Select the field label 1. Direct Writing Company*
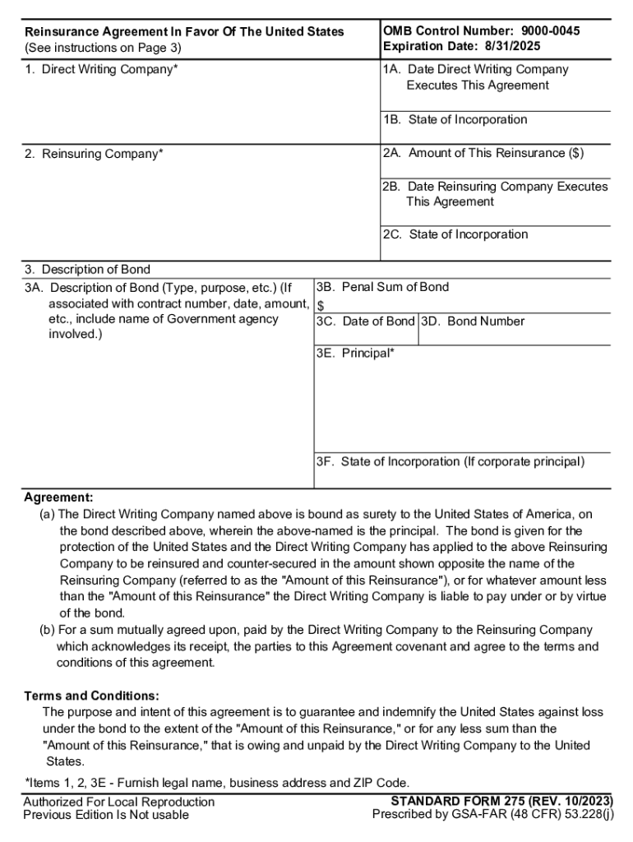pos(101,69)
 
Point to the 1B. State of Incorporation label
pos(455,120)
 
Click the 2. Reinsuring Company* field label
pos(94,154)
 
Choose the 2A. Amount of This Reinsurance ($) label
pos(483,153)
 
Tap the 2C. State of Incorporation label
pos(455,234)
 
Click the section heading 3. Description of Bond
pos(87,270)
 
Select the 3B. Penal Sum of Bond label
pos(382,287)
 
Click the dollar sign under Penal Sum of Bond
pos(321,305)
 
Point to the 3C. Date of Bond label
pos(366,322)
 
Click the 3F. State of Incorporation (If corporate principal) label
pos(450,462)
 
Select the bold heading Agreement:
pos(58,497)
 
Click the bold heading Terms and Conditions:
pos(91,696)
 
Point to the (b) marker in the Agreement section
pos(48,630)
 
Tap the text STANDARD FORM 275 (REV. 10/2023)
pos(501,801)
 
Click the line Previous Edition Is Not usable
pos(106,815)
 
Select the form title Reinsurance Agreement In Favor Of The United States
pos(184,32)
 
